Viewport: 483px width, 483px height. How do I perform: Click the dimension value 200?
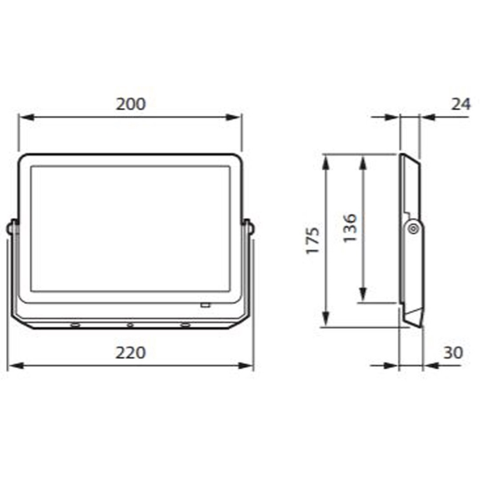pyautogui.click(x=131, y=104)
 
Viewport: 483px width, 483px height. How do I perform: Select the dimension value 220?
pyautogui.click(x=131, y=353)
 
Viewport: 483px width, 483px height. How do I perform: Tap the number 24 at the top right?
pyautogui.click(x=460, y=104)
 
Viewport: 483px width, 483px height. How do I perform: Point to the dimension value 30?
pyautogui.click(x=454, y=353)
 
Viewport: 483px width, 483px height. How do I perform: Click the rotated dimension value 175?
pyautogui.click(x=313, y=240)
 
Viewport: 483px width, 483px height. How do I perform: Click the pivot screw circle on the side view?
pyautogui.click(x=412, y=228)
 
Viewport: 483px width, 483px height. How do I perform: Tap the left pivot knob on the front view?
pyautogui.click(x=11, y=228)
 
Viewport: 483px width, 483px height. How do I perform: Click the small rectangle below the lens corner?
pyautogui.click(x=205, y=304)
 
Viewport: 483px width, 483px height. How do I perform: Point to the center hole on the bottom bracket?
pyautogui.click(x=130, y=324)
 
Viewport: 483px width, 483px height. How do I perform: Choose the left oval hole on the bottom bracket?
pyautogui.click(x=74, y=324)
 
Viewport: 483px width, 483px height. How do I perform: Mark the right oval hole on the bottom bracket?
pyautogui.click(x=185, y=324)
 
